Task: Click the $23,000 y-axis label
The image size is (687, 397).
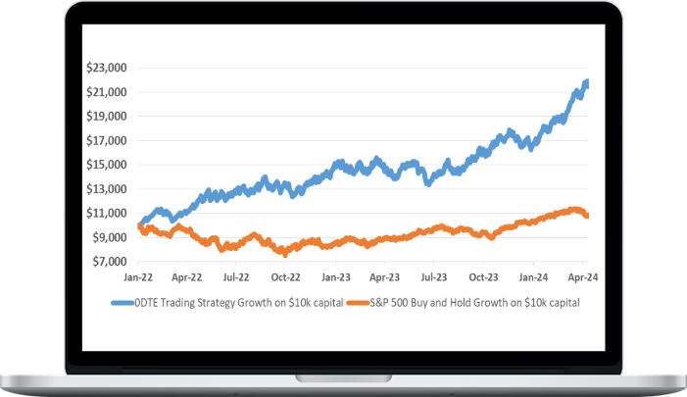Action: coord(108,68)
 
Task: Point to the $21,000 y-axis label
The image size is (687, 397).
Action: coord(108,92)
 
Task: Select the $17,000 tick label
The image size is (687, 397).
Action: coord(108,140)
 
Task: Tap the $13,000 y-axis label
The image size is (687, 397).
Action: coord(108,189)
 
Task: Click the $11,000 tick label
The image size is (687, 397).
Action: coord(108,213)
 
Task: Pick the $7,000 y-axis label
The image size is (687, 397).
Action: coord(111,262)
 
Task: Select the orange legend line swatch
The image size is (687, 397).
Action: coord(358,303)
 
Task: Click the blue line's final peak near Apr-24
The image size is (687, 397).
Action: coord(586,82)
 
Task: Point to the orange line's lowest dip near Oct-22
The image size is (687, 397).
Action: coord(284,253)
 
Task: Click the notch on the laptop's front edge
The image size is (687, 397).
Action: coord(344,377)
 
